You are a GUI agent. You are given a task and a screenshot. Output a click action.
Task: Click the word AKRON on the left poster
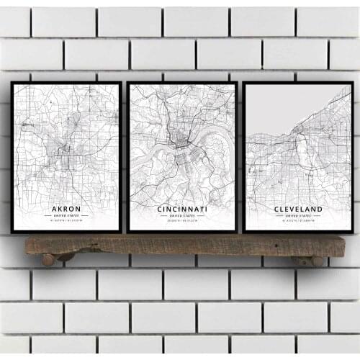click(x=66, y=210)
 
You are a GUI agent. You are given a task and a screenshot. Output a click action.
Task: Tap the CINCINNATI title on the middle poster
click(x=181, y=209)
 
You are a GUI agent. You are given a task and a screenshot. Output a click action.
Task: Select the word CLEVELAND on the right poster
click(x=298, y=210)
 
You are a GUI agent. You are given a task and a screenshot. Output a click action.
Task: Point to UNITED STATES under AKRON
click(x=66, y=217)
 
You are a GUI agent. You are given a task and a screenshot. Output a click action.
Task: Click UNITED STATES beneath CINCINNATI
click(x=181, y=216)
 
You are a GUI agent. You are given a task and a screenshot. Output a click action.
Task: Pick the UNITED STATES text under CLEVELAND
click(x=298, y=216)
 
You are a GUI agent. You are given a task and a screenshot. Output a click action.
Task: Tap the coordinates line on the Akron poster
click(x=66, y=222)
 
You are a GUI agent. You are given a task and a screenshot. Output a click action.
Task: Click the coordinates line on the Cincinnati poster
click(x=181, y=222)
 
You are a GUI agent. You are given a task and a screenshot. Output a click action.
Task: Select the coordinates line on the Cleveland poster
click(x=298, y=222)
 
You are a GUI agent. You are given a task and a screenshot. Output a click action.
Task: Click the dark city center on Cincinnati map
click(x=180, y=143)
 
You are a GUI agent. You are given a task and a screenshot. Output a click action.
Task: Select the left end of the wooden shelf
click(x=29, y=245)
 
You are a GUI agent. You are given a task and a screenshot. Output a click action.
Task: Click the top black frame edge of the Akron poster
click(x=66, y=83)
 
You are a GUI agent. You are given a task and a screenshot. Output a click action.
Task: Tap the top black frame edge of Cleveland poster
click(x=298, y=83)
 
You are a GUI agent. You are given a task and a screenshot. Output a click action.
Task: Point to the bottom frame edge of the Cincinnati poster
click(x=181, y=232)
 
